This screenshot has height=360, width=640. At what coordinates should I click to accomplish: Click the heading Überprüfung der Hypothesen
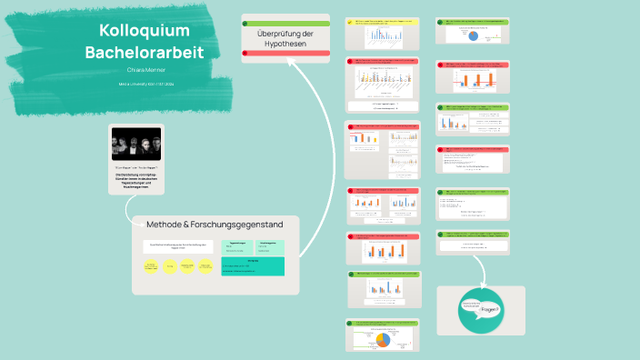(x=285, y=38)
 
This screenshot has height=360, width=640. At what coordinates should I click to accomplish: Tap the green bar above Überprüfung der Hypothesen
(x=285, y=23)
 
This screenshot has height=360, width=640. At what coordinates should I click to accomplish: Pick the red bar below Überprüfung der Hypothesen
(x=285, y=55)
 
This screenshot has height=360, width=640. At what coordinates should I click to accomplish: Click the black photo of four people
(x=136, y=144)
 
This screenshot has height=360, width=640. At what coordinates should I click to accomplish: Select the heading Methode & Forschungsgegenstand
(x=215, y=224)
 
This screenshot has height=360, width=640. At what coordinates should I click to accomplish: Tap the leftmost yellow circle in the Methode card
(x=152, y=266)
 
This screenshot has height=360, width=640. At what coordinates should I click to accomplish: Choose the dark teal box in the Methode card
(x=253, y=265)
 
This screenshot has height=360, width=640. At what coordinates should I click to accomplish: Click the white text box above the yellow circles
(x=179, y=245)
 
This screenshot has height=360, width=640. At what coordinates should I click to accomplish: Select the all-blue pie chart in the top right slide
(x=473, y=35)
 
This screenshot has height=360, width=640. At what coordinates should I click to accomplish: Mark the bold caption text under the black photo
(x=136, y=180)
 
